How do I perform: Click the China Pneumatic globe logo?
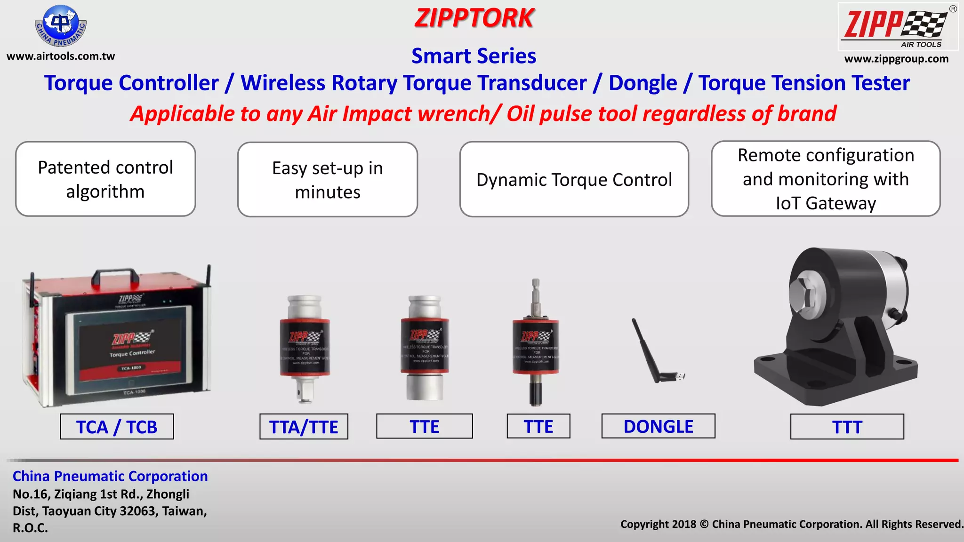(x=61, y=26)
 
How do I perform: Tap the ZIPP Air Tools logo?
(x=898, y=27)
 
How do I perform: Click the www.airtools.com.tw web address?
(x=61, y=56)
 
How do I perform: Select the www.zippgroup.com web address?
(x=896, y=59)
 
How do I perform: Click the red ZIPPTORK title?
(x=474, y=18)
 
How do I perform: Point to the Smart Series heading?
(x=474, y=56)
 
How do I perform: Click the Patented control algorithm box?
(x=105, y=179)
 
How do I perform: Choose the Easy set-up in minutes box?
(x=328, y=180)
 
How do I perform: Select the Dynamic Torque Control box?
(x=574, y=179)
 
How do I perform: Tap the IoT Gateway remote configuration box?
(x=826, y=179)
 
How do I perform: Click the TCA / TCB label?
(x=117, y=427)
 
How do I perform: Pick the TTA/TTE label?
(x=304, y=427)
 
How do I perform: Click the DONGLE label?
(x=658, y=426)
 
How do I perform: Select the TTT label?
(x=847, y=427)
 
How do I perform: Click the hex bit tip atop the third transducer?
(x=536, y=284)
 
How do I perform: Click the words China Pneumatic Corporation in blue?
(x=110, y=476)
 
